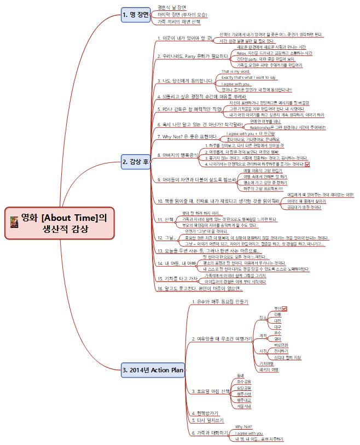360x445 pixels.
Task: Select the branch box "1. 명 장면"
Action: click(x=136, y=15)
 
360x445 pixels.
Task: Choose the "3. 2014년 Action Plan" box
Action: click(x=153, y=370)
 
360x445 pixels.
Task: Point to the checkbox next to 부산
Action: click(x=284, y=308)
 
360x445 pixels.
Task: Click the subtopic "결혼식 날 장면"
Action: click(x=171, y=7)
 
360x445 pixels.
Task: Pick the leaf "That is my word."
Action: click(x=236, y=72)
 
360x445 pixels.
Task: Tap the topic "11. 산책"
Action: click(x=165, y=219)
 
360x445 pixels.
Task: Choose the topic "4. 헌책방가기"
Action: click(x=205, y=412)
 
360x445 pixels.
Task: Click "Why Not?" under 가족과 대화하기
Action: click(x=243, y=426)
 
